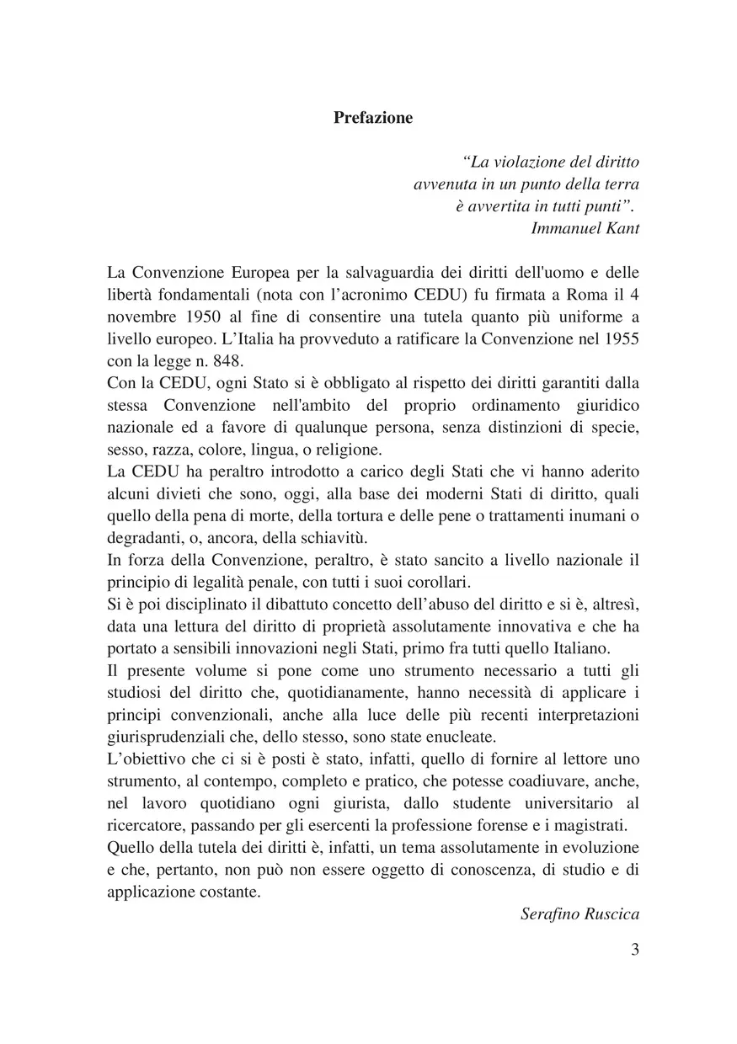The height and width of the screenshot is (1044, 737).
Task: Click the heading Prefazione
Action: coord(373,118)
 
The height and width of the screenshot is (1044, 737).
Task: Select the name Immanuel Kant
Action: coord(585,228)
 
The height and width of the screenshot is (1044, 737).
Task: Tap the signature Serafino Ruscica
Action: coord(579,913)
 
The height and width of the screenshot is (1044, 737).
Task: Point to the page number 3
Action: coord(634,950)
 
